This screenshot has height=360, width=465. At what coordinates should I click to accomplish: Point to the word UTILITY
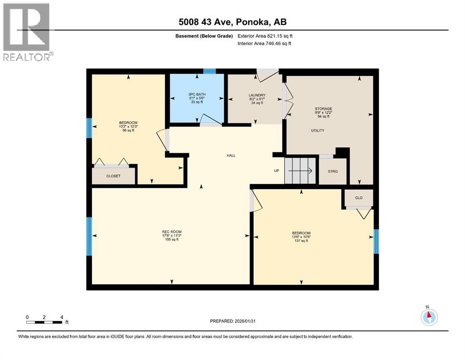point(317,130)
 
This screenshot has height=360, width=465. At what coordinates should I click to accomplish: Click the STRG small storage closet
point(332,171)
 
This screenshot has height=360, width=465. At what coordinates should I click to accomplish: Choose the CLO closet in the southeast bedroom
point(359,198)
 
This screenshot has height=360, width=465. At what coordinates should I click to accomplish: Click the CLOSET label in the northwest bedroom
point(113,176)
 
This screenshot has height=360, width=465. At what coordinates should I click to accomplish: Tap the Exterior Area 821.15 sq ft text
point(265,36)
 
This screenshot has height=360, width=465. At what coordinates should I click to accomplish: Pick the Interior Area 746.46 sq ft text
point(265,44)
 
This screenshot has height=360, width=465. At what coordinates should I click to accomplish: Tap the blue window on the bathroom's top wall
point(209,71)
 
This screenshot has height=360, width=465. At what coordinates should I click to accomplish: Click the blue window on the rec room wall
point(89,236)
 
